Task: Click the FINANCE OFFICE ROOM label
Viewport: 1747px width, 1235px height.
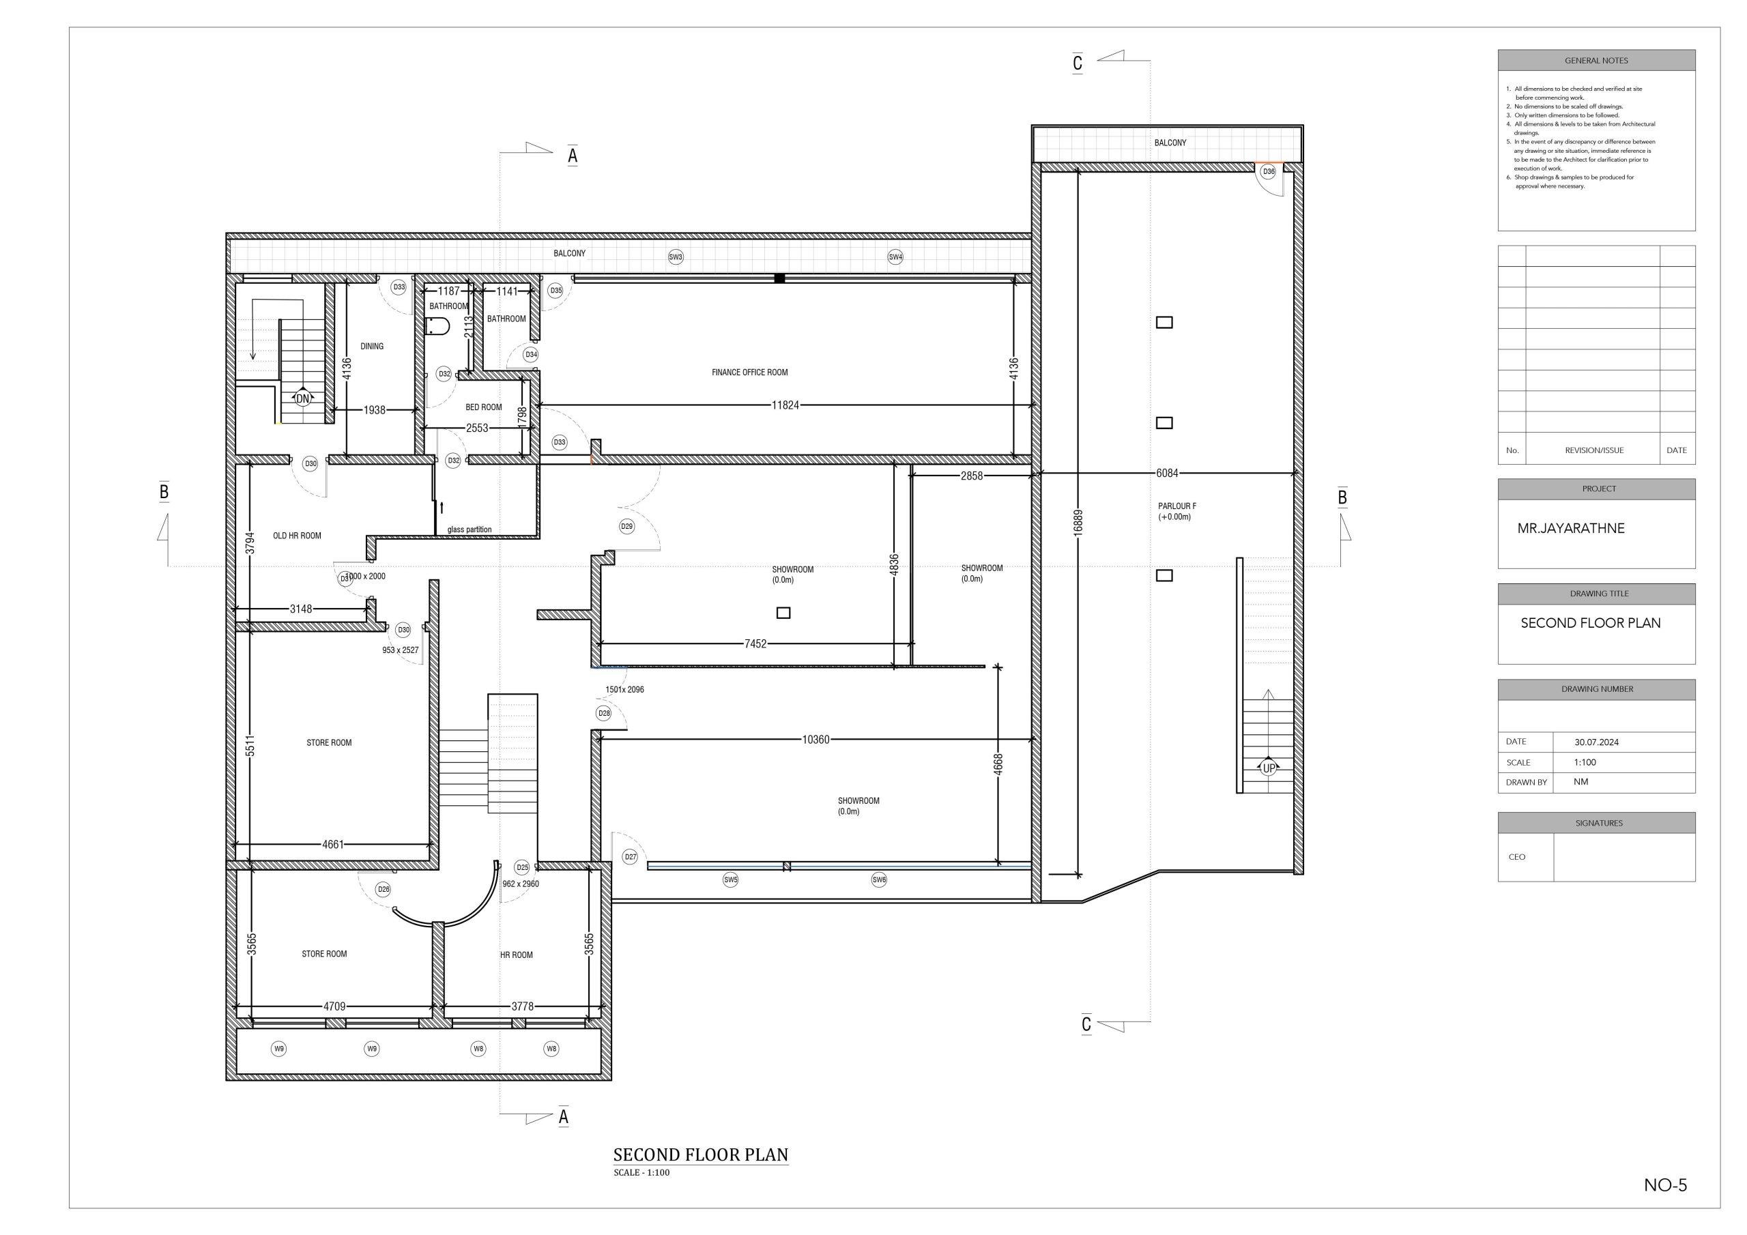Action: (749, 373)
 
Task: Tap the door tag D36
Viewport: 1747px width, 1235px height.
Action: (1269, 172)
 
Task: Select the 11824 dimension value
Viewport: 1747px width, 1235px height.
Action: (785, 405)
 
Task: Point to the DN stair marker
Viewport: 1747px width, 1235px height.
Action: (303, 398)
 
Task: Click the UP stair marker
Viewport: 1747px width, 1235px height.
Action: (1269, 768)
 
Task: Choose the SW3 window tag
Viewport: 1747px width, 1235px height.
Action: (676, 257)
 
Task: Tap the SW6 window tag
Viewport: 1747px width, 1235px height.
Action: (879, 880)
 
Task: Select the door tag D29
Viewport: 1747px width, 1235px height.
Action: (626, 526)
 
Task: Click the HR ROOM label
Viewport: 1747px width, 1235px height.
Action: (516, 955)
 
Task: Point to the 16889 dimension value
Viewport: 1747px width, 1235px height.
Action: (1078, 522)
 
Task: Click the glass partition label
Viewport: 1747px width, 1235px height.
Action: (470, 529)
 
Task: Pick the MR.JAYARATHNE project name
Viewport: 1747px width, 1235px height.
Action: (1570, 528)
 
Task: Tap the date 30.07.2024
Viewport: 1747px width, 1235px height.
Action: (1596, 742)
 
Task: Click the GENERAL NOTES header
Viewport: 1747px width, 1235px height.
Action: (1596, 61)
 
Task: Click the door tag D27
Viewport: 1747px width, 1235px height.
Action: (630, 857)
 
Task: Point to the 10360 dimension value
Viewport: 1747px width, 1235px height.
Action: (815, 740)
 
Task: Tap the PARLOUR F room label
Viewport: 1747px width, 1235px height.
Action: (1177, 506)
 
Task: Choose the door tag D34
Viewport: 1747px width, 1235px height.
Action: (531, 355)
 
